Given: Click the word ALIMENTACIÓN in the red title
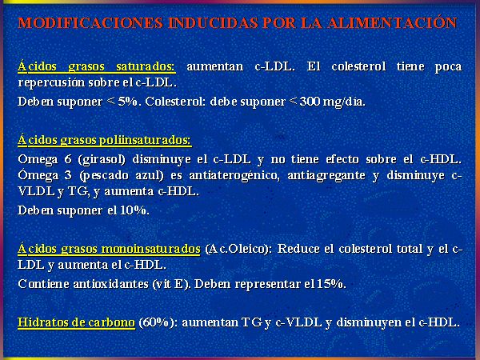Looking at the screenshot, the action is [392, 22].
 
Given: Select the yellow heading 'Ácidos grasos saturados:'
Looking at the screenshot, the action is [97, 66].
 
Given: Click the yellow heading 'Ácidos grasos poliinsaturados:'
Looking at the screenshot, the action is [105, 140].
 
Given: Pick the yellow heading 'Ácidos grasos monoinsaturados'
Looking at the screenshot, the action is [109, 249].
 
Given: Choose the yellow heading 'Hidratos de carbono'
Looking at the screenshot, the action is [76, 322].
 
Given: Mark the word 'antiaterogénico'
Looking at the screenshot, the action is [234, 176].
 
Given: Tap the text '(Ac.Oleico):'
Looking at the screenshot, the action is [238, 249].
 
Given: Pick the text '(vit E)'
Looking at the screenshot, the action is [172, 284].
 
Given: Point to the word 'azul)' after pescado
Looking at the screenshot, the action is [149, 176].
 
